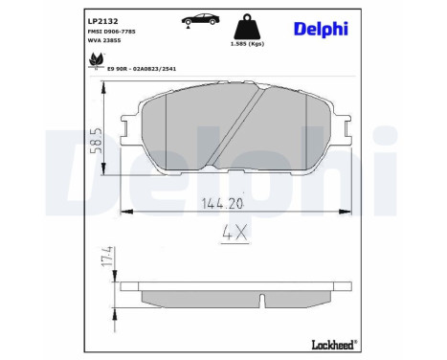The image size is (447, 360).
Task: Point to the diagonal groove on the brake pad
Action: (x=246, y=124)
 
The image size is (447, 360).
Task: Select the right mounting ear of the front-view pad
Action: (x=342, y=123)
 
